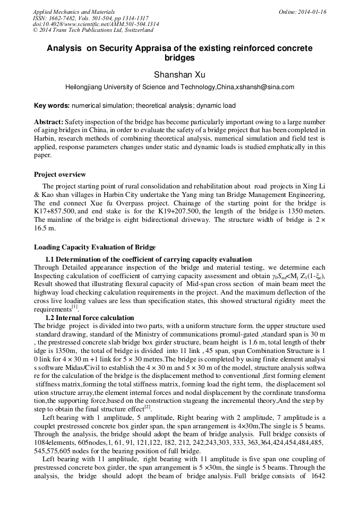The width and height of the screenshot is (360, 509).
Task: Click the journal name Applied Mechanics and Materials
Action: click(73, 11)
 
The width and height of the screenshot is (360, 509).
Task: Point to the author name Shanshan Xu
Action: click(179, 75)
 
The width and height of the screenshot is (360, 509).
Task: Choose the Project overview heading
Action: click(59, 175)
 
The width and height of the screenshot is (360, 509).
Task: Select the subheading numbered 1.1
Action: click(148, 260)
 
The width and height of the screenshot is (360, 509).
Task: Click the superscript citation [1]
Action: click(74, 307)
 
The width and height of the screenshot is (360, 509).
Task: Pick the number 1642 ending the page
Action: click(316, 491)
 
